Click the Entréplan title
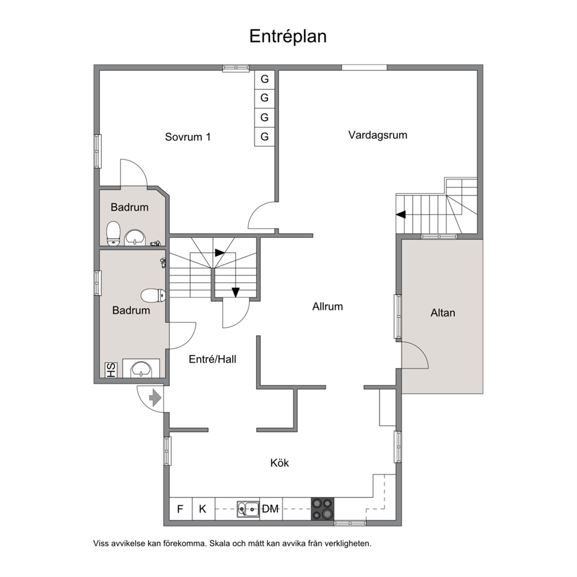click(288, 37)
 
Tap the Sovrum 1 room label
click(188, 137)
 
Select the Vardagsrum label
click(377, 135)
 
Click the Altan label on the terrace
click(443, 313)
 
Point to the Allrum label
click(327, 307)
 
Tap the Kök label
click(280, 462)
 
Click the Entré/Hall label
click(212, 359)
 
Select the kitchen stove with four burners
click(323, 509)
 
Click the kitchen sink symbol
click(248, 509)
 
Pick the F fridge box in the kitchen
click(180, 509)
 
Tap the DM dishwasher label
click(270, 509)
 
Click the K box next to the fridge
click(203, 509)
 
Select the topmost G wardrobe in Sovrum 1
click(265, 79)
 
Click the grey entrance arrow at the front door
click(155, 398)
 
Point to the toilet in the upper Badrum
click(113, 233)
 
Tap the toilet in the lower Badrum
click(153, 295)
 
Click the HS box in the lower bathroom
click(111, 370)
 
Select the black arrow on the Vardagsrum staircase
click(401, 214)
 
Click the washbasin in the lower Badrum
click(141, 369)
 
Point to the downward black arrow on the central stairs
click(236, 292)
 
